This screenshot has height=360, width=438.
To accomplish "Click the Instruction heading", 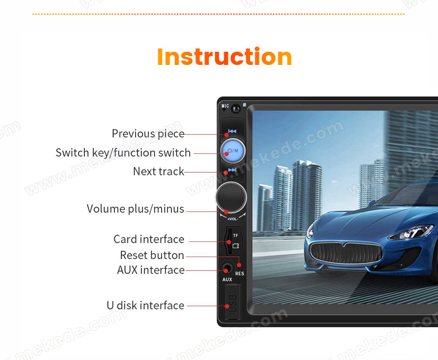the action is pyautogui.click(x=225, y=57).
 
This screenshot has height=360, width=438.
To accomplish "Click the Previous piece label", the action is pyautogui.click(x=148, y=134).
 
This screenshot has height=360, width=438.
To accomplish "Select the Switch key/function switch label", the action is pyautogui.click(x=123, y=152).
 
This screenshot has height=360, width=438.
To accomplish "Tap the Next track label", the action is pyautogui.click(x=159, y=171).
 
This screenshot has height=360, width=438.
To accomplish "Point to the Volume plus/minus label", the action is pyautogui.click(x=136, y=209).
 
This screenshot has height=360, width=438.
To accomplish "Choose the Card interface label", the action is pyautogui.click(x=149, y=239).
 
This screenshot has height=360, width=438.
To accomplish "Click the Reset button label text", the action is pyautogui.click(x=152, y=255).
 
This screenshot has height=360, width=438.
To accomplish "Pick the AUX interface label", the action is pyautogui.click(x=151, y=270).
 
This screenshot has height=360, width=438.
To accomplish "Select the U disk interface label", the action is pyautogui.click(x=146, y=305).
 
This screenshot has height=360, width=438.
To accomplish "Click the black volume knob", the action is pyautogui.click(x=231, y=197).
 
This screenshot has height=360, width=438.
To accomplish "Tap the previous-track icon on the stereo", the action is pyautogui.click(x=232, y=131).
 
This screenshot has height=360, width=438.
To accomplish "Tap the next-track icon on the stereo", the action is pyautogui.click(x=232, y=170).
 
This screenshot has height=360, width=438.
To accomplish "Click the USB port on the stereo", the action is pyautogui.click(x=232, y=302).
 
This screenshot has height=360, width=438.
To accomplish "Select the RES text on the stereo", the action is pyautogui.click(x=240, y=273).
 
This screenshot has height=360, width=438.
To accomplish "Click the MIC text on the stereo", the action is pyautogui.click(x=225, y=106).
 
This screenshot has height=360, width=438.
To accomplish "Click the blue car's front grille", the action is pyautogui.click(x=346, y=253).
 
